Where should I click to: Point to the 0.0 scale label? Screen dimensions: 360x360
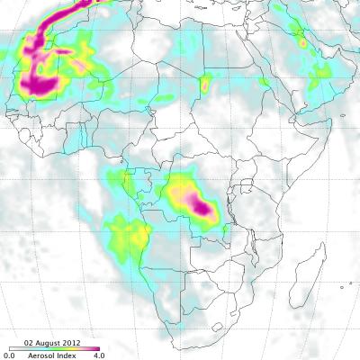7,355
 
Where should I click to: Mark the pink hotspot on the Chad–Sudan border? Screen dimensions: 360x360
204,85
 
